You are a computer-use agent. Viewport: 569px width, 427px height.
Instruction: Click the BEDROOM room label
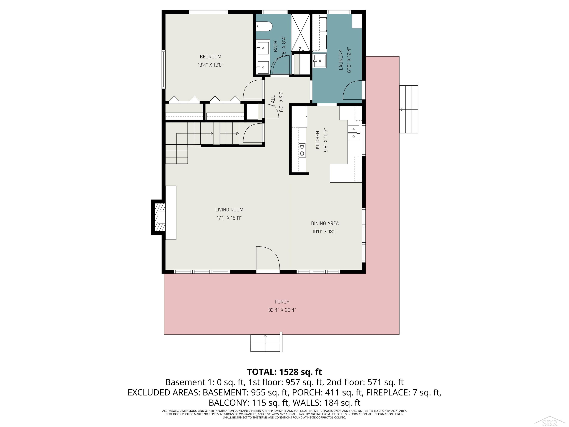(210, 57)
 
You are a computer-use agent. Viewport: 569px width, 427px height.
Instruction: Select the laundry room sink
(320, 61)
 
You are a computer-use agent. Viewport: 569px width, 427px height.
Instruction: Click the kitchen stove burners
(302, 150)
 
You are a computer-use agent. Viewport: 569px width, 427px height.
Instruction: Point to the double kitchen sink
(354, 133)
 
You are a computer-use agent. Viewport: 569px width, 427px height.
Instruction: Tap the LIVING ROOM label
(229, 210)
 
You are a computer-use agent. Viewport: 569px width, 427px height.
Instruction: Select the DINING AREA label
(325, 223)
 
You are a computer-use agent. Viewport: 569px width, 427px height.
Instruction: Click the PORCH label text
(282, 302)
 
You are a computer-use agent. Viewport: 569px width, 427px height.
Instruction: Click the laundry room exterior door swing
(353, 90)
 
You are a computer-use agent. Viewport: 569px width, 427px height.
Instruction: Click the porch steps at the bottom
(266, 343)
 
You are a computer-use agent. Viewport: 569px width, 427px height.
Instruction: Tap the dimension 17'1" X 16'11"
(229, 218)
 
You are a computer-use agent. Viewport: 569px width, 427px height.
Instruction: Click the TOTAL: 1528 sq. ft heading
(284, 372)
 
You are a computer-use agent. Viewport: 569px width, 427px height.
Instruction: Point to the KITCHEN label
(317, 140)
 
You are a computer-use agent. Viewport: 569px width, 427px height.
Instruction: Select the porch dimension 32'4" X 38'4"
(282, 310)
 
